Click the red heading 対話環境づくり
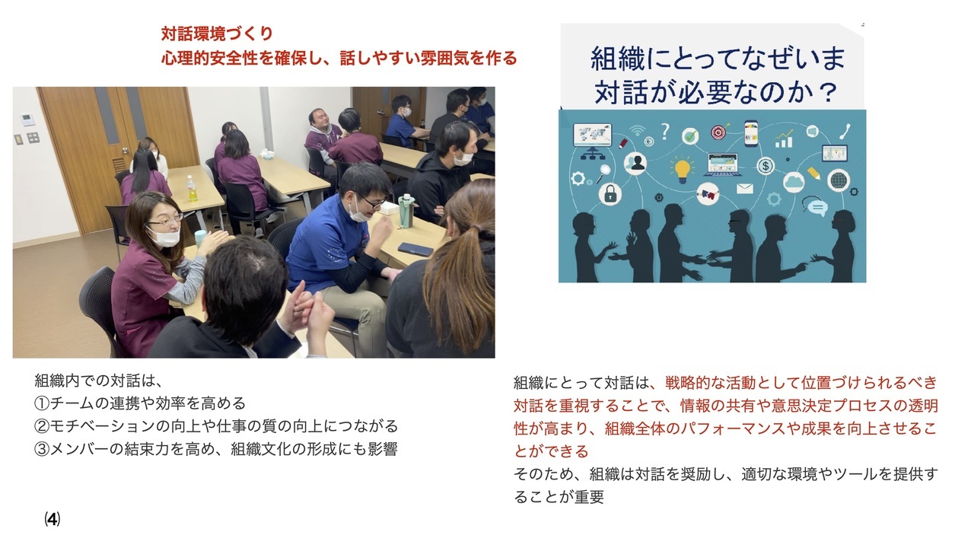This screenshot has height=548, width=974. coord(217,33)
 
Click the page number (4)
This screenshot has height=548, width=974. coord(53,519)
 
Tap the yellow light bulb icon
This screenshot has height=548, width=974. coord(682,170)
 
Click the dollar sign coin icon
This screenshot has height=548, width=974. coord(766,166)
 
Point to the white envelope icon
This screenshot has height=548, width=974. coord(745,188)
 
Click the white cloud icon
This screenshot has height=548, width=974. coord(794,182)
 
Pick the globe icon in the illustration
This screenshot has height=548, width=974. coord(839,180)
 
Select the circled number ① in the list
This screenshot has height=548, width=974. coord(42,403)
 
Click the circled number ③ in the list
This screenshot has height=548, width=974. coord(42,449)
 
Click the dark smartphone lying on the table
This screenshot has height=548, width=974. coord(415,249)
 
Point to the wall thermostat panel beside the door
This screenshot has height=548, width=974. coord(28,119)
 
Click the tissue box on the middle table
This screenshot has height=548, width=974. coord(266,153)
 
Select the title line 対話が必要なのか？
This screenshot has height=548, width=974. coord(715,92)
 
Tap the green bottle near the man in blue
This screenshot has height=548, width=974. coord(406,211)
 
